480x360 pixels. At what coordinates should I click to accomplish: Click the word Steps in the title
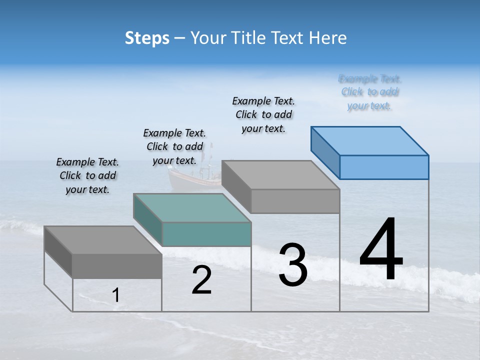[x=147, y=38]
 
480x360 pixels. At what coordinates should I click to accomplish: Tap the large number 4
[x=381, y=250]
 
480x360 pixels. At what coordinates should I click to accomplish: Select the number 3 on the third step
[x=293, y=265]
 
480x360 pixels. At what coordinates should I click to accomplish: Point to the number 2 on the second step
[x=201, y=280]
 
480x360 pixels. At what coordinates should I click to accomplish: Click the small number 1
[x=115, y=295]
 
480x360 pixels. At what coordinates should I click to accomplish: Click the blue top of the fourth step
[x=369, y=140]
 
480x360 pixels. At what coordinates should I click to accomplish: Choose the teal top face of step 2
[x=192, y=207]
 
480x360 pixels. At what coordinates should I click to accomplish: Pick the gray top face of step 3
[x=280, y=174]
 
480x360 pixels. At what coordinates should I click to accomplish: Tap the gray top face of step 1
[x=103, y=240]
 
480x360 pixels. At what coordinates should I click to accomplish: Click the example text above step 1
[x=87, y=175]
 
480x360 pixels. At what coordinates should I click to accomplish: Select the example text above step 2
[x=174, y=146]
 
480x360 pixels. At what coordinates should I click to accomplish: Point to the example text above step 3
[x=263, y=114]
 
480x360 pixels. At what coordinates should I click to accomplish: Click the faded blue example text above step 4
[x=370, y=92]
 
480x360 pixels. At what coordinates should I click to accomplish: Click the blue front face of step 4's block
[x=384, y=167]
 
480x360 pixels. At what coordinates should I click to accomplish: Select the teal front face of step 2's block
[x=206, y=234]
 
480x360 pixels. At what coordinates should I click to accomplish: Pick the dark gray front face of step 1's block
[x=117, y=265]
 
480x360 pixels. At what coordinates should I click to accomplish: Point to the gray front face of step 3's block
[x=295, y=201]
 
